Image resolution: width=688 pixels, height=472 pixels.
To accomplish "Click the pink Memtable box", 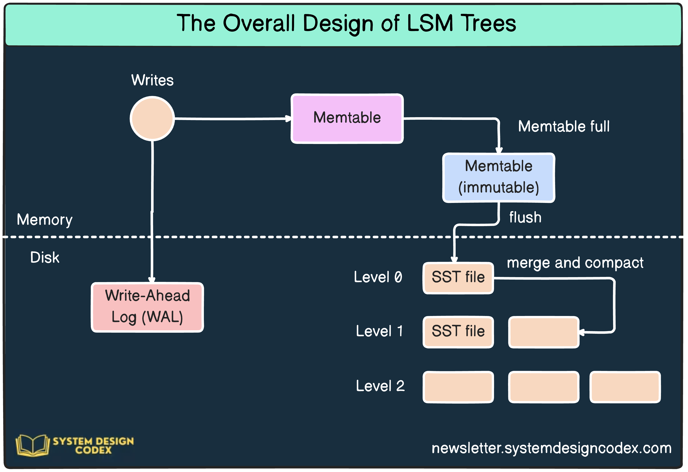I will tap(347, 119).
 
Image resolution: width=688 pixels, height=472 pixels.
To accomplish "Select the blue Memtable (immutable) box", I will tap(499, 178).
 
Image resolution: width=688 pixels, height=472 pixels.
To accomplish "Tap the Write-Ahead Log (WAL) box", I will tap(147, 307).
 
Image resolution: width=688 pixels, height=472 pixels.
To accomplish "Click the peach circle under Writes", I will tap(152, 118).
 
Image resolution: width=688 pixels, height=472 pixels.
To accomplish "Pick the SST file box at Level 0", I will tap(458, 278).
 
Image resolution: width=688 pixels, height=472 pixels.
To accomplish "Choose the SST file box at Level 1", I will tap(458, 332).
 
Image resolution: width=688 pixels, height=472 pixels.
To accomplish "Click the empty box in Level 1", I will tap(544, 332).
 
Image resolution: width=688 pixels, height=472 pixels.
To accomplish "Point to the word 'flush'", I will tap(525, 217).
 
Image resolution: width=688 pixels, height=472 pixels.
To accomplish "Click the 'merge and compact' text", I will tap(575, 263).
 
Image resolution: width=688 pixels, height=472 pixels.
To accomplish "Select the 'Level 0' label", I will tap(378, 277).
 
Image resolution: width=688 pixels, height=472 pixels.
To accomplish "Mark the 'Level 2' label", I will tap(380, 386).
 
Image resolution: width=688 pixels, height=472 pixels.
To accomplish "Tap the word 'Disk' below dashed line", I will tap(45, 257).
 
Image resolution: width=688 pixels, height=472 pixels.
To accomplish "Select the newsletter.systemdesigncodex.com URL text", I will tap(551, 448).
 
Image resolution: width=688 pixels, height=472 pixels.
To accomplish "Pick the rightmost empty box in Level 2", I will tap(625, 387).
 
